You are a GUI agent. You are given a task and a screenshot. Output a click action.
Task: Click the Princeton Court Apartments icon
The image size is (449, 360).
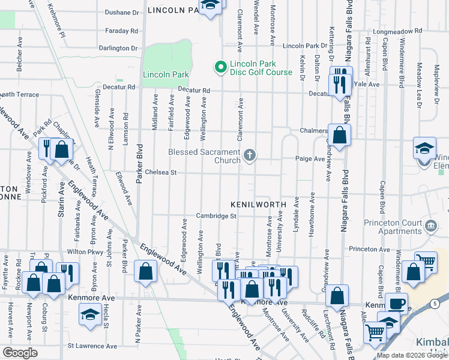coord(430,226)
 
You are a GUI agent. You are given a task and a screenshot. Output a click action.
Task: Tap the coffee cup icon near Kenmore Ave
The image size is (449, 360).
coord(396,303)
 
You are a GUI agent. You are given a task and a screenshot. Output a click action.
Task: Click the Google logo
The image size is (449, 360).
coord(20,352)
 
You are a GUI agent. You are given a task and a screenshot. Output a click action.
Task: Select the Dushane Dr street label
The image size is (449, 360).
coord(122,12)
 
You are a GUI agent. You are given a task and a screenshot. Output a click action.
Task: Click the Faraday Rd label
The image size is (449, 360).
coord(122,31)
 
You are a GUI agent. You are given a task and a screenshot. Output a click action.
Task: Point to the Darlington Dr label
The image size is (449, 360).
coord(118,48)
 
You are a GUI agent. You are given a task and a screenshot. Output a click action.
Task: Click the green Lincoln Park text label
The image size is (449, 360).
coord(166,75)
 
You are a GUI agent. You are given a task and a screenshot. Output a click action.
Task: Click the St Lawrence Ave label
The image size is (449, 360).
coord(90,346)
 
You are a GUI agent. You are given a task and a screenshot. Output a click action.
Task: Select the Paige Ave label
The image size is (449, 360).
coord(310,159)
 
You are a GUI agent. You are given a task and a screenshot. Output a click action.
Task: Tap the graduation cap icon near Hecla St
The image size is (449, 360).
coord(90,313)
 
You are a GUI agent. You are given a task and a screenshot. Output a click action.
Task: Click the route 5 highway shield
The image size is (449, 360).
coord(435,304)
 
